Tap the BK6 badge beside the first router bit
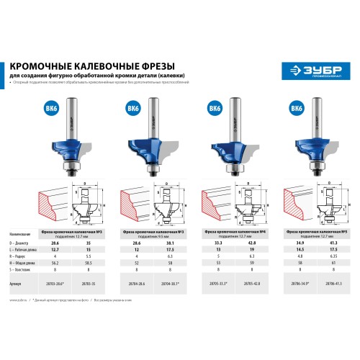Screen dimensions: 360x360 [48, 109]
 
